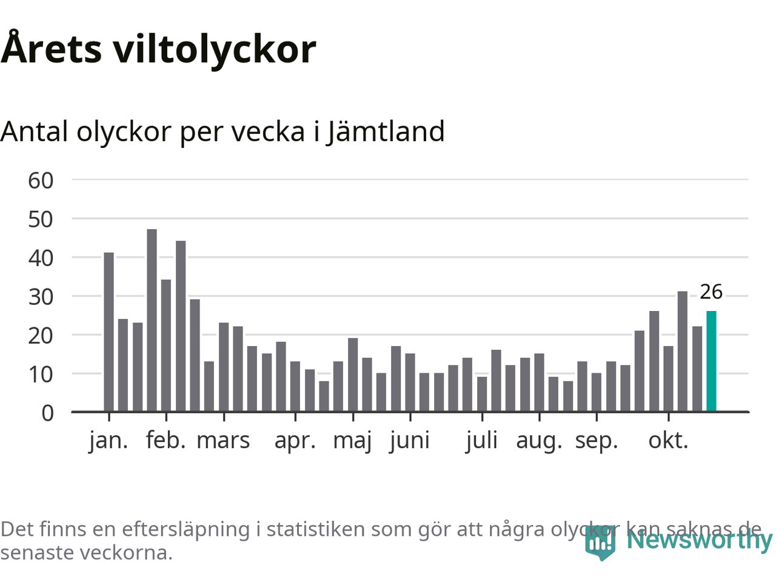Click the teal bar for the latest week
pyautogui.click(x=711, y=361)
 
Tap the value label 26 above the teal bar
pyautogui.click(x=711, y=292)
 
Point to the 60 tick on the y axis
pyautogui.click(x=41, y=180)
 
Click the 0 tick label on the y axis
pyautogui.click(x=47, y=413)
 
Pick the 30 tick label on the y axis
pyautogui.click(x=41, y=296)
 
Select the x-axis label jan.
pyautogui.click(x=109, y=440)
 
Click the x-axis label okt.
pyautogui.click(x=668, y=440)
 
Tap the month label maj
pyautogui.click(x=352, y=440)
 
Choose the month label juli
pyautogui.click(x=482, y=440)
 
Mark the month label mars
pyautogui.click(x=223, y=440)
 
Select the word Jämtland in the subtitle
pyautogui.click(x=386, y=132)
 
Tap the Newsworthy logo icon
pyautogui.click(x=600, y=543)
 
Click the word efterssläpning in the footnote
pyautogui.click(x=186, y=529)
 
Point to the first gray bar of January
pyautogui.click(x=109, y=332)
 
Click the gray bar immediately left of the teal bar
pyautogui.click(x=697, y=369)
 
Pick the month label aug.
pyautogui.click(x=539, y=440)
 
